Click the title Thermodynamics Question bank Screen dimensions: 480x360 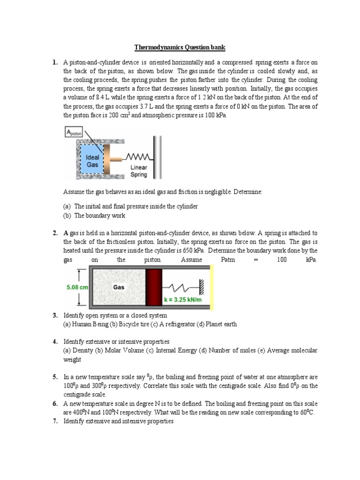point(180,47)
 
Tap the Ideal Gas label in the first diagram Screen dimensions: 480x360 point(92,161)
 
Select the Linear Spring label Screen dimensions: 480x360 point(138,171)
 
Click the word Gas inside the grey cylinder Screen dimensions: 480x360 point(118,287)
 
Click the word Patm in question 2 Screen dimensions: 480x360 point(228,259)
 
